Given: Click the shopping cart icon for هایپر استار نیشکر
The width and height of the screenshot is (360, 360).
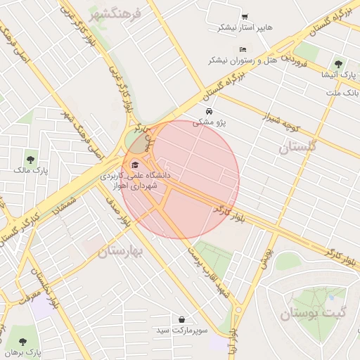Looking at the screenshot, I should click(244, 17).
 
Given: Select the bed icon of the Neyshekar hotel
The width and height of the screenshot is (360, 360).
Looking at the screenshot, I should click(243, 50).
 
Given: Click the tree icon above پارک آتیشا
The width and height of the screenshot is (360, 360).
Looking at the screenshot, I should click(338, 63).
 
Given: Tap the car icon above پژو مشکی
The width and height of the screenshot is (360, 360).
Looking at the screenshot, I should click(209, 112).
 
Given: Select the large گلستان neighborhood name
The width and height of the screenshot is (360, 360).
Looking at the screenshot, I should click(298, 147).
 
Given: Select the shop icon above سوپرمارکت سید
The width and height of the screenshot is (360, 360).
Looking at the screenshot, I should click(182, 320).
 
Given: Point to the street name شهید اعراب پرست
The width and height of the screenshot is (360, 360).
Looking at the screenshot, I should click(205, 270).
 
